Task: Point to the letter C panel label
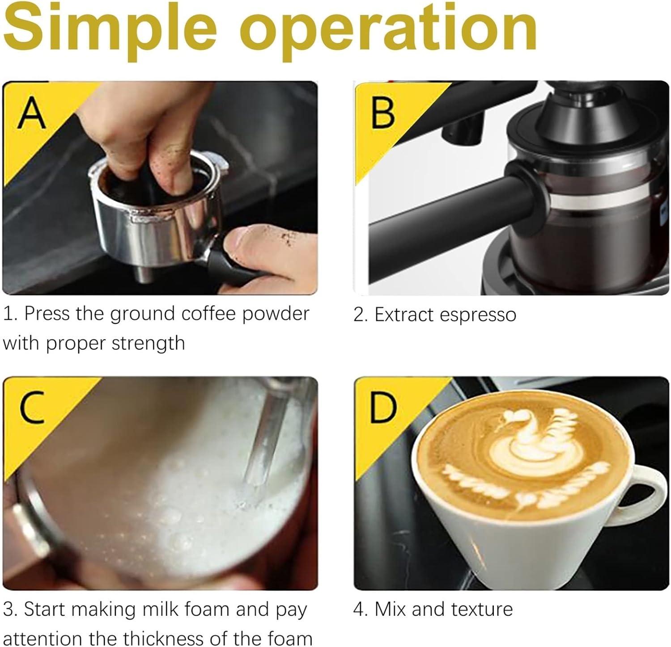click(x=32, y=407)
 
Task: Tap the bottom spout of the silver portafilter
click(x=145, y=273)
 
